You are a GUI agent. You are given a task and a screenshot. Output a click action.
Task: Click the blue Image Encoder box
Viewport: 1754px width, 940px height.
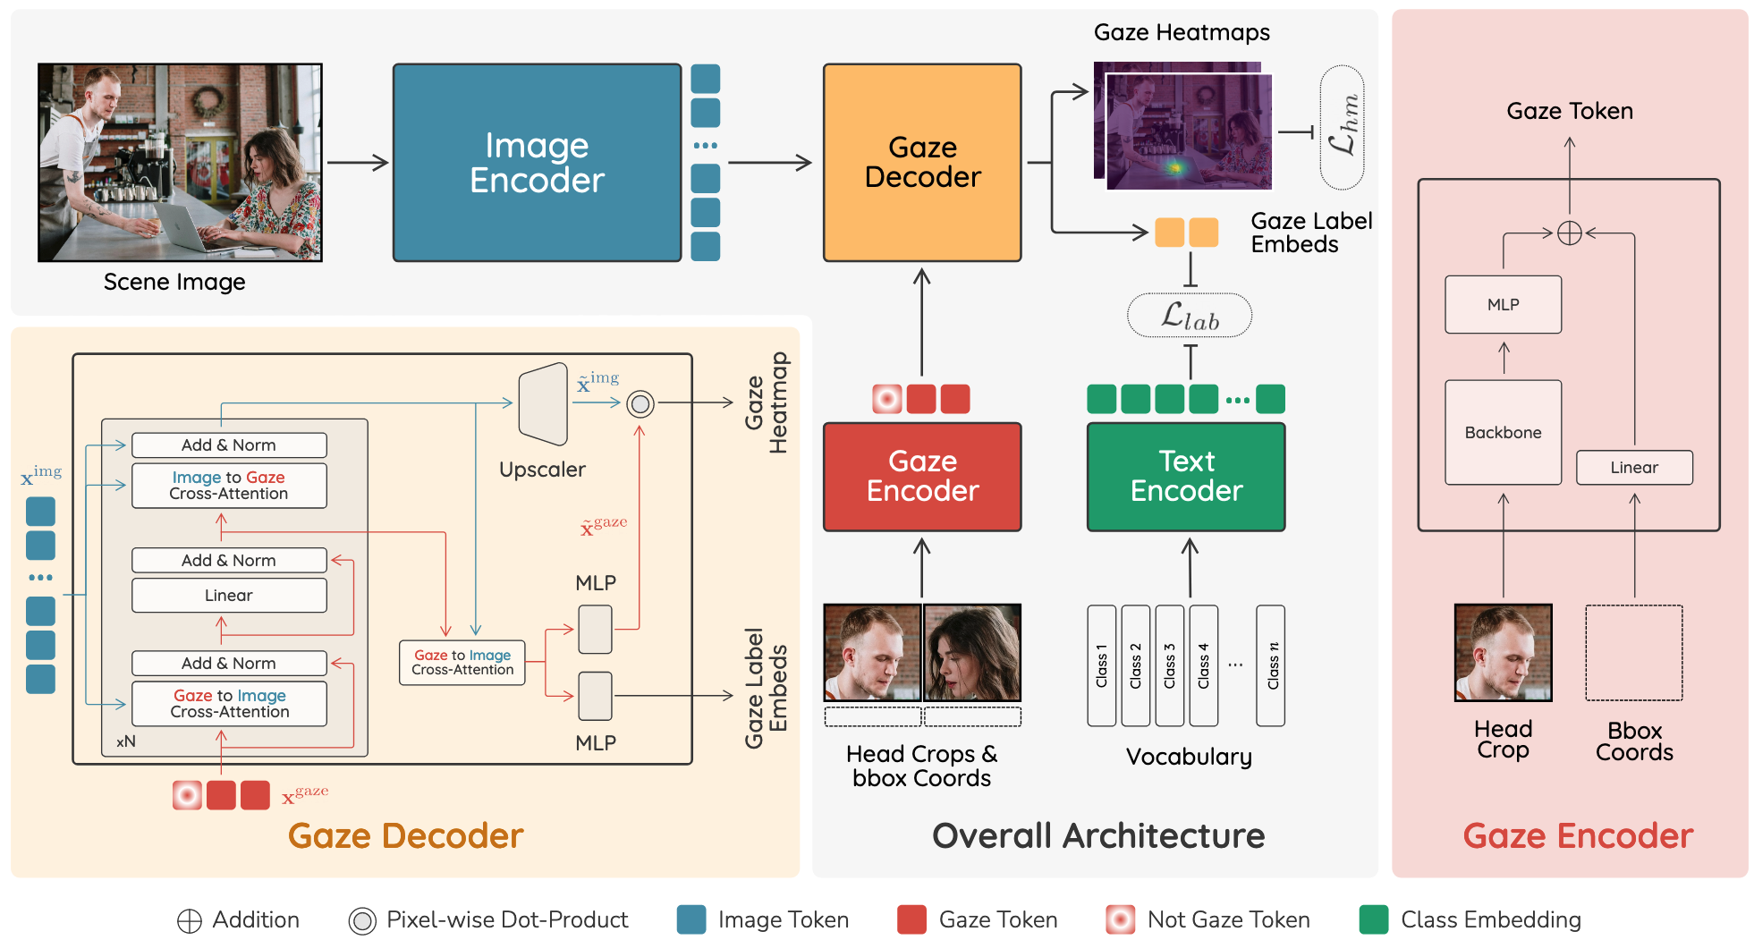537,163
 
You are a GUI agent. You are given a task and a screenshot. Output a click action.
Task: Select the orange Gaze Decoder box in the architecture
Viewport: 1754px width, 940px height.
922,163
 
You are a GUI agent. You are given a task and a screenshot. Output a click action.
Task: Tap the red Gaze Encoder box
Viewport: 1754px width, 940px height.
922,477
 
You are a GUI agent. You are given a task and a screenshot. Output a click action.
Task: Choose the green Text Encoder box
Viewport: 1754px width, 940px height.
1186,477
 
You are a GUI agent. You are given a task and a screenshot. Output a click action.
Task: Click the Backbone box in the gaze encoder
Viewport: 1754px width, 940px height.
1503,433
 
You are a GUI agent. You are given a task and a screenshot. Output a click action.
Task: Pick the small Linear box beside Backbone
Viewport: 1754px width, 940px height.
1634,468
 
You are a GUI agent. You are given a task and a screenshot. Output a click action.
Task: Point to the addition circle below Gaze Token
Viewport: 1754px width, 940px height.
1570,233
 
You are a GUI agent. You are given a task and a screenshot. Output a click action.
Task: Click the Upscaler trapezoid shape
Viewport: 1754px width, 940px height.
544,404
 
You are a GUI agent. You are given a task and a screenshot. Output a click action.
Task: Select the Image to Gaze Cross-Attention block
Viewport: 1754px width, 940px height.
229,486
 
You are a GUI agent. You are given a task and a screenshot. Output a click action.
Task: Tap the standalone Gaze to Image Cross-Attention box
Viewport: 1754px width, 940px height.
462,663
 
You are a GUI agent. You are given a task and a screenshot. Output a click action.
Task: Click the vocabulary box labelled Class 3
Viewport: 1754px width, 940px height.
1169,665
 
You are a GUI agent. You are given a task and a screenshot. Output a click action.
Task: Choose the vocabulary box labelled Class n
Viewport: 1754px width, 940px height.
1271,665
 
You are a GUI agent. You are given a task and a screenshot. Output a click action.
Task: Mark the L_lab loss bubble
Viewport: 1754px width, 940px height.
1190,316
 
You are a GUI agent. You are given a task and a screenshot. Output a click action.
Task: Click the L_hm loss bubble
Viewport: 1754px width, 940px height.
1342,127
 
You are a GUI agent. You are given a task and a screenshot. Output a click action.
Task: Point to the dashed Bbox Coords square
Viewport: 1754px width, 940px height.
1634,653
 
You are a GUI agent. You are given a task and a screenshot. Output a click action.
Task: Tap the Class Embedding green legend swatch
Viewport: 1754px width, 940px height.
1373,919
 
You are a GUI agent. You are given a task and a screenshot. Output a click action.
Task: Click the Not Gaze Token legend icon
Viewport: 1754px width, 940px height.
1120,919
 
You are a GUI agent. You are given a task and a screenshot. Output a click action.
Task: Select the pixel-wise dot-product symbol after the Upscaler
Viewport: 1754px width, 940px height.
640,404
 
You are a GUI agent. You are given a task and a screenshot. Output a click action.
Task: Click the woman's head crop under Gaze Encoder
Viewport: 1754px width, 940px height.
972,653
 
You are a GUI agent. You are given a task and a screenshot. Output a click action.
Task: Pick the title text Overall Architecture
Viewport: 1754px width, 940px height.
1098,836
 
